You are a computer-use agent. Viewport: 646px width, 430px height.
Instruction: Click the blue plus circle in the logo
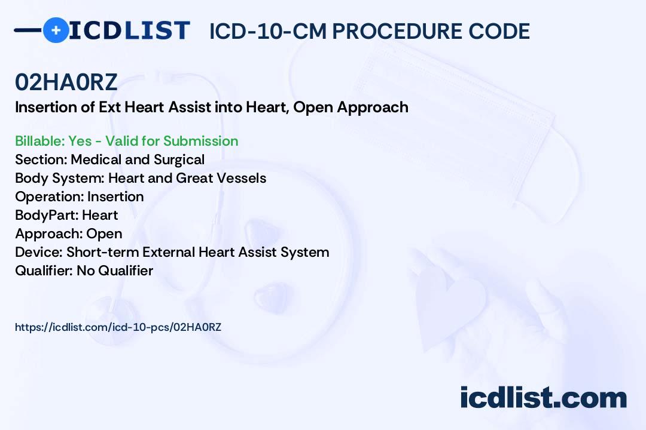click(56, 30)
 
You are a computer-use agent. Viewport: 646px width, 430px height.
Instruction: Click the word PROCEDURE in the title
click(397, 31)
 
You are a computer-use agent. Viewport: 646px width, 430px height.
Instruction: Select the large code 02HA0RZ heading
click(66, 82)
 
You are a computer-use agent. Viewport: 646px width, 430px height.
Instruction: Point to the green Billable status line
click(126, 141)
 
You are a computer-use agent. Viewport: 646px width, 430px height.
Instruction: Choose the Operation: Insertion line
click(80, 196)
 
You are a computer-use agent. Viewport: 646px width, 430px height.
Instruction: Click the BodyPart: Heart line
click(67, 215)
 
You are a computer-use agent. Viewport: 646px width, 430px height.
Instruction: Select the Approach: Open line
click(69, 234)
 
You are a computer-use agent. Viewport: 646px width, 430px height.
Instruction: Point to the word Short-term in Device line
click(103, 252)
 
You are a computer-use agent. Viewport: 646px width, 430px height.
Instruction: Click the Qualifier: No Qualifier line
click(84, 271)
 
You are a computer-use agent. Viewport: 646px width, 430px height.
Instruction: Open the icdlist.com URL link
click(118, 327)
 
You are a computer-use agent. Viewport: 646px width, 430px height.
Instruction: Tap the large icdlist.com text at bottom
click(543, 397)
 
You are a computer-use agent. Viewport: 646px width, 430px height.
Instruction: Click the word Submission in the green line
click(200, 141)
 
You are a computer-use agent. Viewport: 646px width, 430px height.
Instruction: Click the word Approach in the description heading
click(373, 107)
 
